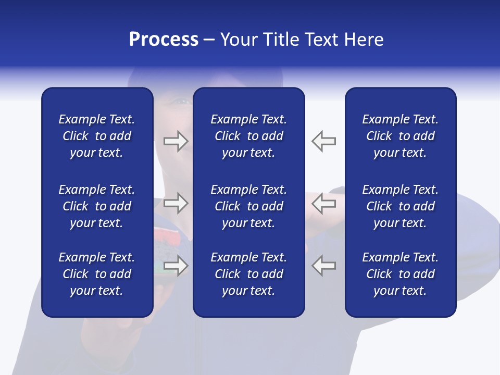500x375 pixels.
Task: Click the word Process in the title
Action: (x=164, y=40)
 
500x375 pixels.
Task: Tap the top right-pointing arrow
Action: (x=176, y=141)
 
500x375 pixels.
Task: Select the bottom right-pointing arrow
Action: (x=176, y=266)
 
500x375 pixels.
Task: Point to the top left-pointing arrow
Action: (x=324, y=141)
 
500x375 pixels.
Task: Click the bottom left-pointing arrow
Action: (x=324, y=266)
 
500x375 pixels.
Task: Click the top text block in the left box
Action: (x=97, y=136)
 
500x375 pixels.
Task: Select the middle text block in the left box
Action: (x=97, y=206)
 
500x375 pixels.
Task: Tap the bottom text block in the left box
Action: (x=97, y=274)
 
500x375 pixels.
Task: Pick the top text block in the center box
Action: (x=249, y=136)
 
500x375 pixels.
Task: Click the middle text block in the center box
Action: (x=249, y=206)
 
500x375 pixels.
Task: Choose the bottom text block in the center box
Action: (x=249, y=274)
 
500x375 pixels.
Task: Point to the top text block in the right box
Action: (x=401, y=136)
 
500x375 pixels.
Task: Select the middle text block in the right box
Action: (x=401, y=206)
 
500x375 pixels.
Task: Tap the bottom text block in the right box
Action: (x=401, y=274)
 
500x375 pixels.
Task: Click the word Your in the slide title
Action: (x=239, y=40)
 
